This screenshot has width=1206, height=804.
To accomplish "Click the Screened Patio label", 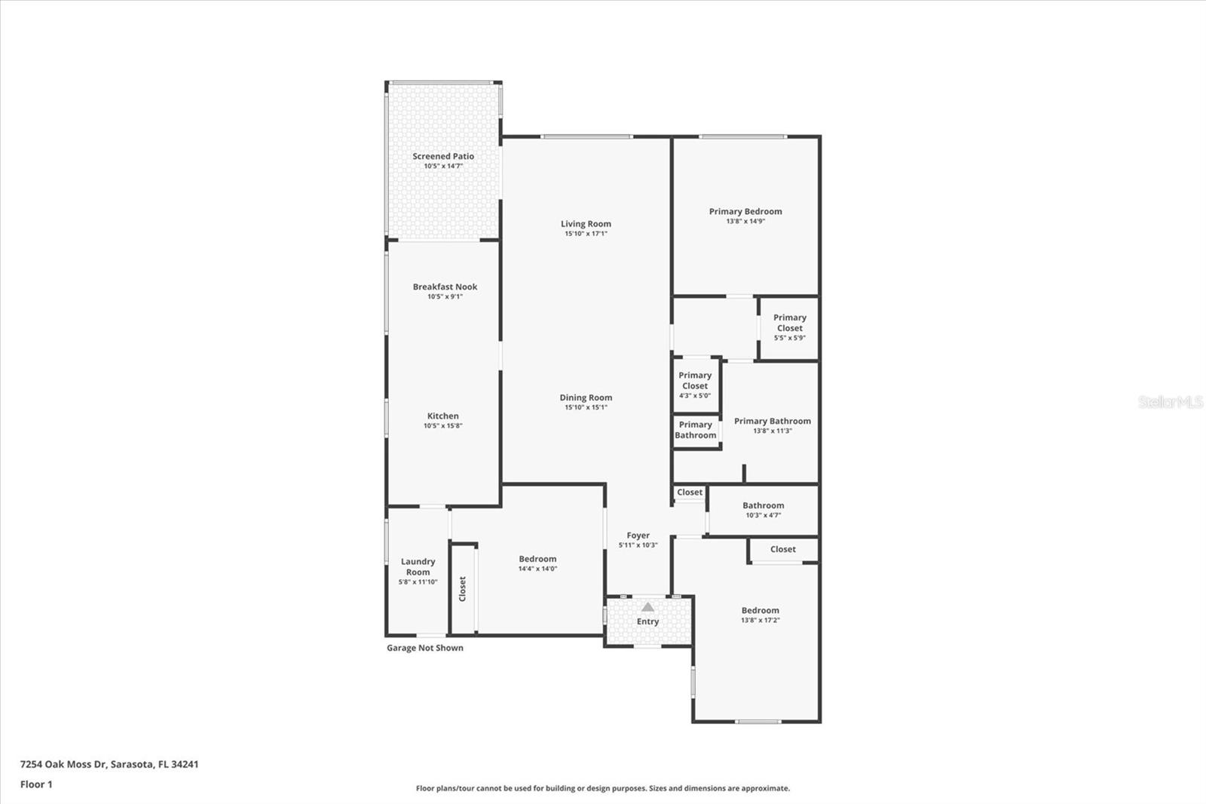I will [443, 156].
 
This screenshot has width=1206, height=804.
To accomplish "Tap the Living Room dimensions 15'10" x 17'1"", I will [586, 234].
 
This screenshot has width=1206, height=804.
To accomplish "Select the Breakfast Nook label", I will [445, 287].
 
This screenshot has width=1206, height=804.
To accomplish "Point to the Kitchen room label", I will [443, 416].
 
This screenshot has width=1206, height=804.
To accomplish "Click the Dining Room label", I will [586, 397].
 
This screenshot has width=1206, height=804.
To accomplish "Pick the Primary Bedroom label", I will [745, 211].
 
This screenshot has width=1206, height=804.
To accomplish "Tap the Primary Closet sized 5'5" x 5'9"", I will [789, 327].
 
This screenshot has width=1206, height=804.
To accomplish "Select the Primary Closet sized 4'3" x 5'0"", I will [695, 385].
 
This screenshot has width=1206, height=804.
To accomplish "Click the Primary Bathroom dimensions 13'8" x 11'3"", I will [773, 431].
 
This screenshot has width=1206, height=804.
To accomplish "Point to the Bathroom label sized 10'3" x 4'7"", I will [763, 505].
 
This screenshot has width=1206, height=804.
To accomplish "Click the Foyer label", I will [638, 535].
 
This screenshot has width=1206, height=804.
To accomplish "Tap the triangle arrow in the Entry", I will [647, 606].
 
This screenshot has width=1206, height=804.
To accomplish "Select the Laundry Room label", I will [418, 566].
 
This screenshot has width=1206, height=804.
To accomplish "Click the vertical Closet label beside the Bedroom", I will [463, 589].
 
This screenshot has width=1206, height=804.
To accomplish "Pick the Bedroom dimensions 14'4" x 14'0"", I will [537, 569].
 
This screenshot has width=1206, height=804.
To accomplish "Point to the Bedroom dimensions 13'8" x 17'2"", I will [760, 620].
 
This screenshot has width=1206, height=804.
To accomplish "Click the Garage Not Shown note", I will [425, 648].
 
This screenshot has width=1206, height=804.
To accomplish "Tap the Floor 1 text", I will [36, 784].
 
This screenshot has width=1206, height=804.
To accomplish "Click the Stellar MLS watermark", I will [1170, 402].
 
